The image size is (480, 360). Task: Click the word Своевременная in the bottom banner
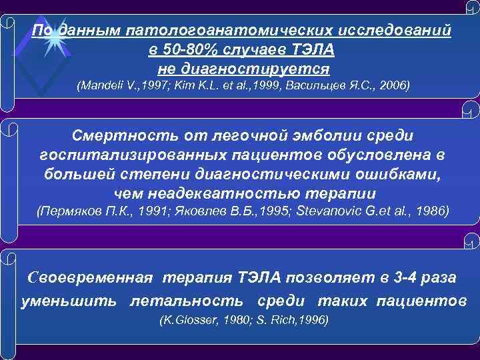tap(89, 277)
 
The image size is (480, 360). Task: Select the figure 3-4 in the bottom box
tap(385, 277)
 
